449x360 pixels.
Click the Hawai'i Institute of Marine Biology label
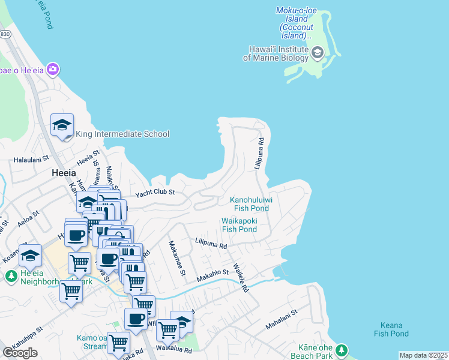point(276,53)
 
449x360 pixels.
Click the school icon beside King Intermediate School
point(62,125)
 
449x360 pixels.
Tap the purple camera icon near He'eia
point(53,70)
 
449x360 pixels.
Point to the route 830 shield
point(5,35)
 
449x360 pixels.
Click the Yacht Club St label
point(154,193)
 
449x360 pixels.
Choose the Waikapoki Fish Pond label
point(240,224)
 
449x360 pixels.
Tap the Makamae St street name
point(177,259)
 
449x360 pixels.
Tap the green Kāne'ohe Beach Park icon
point(342,349)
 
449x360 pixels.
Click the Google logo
point(20,352)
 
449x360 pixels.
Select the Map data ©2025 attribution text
point(423,355)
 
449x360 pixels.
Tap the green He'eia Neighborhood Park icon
point(11,276)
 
